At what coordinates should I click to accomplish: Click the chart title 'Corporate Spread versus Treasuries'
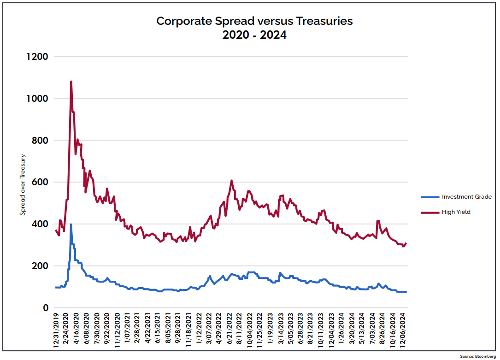coord(254,21)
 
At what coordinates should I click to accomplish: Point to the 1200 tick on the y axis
coord(38,57)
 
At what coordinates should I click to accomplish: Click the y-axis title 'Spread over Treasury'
coord(22,185)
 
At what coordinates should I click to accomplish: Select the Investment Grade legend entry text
coord(466,197)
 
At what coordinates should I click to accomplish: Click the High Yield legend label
coord(456,212)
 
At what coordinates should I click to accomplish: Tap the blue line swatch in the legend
coord(430,197)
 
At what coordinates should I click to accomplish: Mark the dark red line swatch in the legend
coord(430,212)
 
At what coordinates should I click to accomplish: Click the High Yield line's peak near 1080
coord(71,82)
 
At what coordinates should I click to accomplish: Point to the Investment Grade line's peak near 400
coord(71,225)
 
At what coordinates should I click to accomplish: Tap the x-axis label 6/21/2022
coord(230,332)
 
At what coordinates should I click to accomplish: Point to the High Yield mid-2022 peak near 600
coord(232,181)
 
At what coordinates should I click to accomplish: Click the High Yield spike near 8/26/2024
coord(378,221)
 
